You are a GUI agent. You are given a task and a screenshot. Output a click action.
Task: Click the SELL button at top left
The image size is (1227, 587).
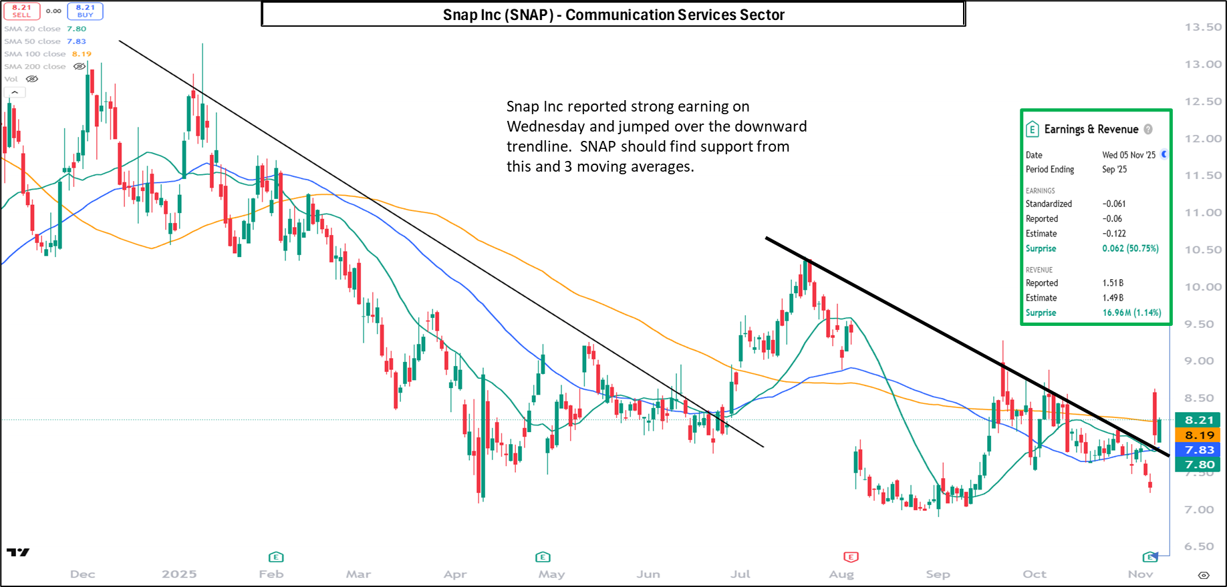(x=21, y=11)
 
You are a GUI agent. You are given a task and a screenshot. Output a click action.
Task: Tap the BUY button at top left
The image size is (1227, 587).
(x=85, y=11)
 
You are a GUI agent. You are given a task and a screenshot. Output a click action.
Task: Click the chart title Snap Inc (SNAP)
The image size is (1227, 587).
(x=613, y=15)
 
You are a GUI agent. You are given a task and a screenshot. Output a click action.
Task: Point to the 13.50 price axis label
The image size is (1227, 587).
(x=1203, y=27)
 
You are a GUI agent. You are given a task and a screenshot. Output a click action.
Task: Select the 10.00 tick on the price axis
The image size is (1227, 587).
(x=1203, y=287)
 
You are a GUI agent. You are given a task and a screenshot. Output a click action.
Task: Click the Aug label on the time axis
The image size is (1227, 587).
(x=841, y=574)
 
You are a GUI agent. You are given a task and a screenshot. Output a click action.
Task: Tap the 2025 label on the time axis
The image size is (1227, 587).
(x=179, y=574)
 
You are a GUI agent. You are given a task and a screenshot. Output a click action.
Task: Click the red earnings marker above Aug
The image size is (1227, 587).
(x=851, y=557)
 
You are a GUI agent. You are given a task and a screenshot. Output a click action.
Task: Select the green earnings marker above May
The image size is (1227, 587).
(x=543, y=557)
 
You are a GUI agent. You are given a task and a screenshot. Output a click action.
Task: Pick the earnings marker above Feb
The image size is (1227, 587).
(x=276, y=557)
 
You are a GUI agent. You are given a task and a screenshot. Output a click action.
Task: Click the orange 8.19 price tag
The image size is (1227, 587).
(x=1199, y=435)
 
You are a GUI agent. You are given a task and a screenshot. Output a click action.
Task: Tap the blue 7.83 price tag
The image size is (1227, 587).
(x=1199, y=450)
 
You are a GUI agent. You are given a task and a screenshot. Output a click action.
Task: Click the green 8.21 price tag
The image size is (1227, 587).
(x=1199, y=420)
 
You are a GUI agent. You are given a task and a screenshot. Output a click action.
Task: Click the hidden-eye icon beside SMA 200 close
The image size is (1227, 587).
(x=80, y=67)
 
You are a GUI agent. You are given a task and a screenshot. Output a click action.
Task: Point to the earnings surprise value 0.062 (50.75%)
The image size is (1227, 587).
(x=1130, y=248)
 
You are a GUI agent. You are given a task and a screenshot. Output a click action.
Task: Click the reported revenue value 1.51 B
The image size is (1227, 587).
(x=1113, y=283)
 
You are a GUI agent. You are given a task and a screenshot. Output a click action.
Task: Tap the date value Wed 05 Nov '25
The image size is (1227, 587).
(x=1129, y=155)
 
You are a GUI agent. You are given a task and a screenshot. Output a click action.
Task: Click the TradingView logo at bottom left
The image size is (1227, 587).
(x=18, y=552)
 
